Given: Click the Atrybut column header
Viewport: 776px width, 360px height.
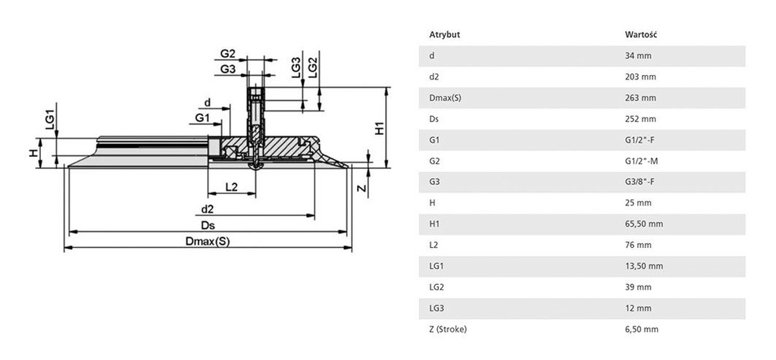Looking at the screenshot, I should pos(445,35).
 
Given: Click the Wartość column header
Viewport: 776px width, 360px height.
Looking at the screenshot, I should pos(640,35).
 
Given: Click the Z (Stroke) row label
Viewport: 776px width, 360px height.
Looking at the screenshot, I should pos(448,329).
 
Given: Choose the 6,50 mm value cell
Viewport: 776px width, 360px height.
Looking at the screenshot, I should pos(641,329).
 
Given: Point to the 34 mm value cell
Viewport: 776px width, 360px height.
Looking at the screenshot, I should pos(637,56).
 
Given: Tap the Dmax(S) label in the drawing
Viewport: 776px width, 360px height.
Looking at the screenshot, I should pos(207,242).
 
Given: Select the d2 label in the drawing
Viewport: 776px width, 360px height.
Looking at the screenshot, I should pos(207,209).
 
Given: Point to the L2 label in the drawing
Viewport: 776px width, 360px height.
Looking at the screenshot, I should pos(232,186).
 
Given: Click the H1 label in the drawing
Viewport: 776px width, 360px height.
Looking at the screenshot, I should pos(380,128).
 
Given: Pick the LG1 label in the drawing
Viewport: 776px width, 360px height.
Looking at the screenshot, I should pos(48,121).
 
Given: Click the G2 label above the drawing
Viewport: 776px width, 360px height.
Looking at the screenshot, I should pos(227,54).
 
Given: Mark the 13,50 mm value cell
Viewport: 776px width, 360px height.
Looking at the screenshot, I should pos(643,266).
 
